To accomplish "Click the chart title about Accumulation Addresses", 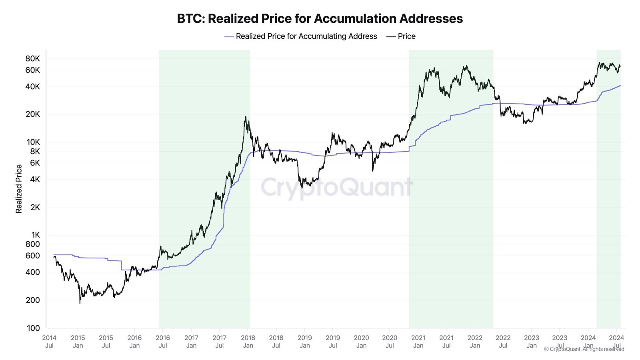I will point(320,18).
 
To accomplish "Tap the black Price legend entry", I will point(401,36).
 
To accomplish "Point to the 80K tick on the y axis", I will point(33,58).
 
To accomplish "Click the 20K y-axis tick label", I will point(33,114).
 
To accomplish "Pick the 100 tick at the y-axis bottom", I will point(33,328).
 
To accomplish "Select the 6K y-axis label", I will point(35,163).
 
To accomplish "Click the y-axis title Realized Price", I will point(18,189).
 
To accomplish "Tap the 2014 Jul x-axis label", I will point(49,341).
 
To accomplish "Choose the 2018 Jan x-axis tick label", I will point(248,341).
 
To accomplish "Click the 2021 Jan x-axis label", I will point(418,341).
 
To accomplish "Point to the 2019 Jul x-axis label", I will point(333,341).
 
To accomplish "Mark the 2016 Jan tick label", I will point(134,341).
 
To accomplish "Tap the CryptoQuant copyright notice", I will point(584,349).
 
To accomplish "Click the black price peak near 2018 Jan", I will point(245,117).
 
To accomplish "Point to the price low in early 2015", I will point(80,303).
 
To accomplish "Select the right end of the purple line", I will point(620,85).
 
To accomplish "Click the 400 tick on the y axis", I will point(33,272).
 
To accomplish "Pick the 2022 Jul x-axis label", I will point(503,341).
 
